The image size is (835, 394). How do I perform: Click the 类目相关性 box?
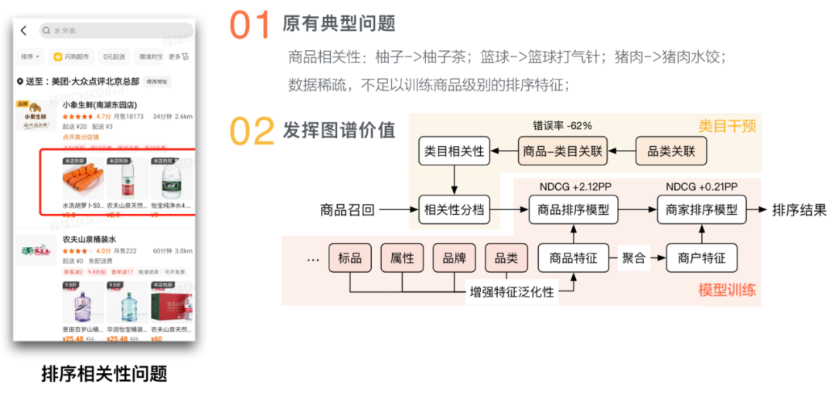click(455, 151)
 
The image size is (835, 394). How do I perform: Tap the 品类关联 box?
click(671, 151)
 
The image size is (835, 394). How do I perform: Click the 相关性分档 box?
click(455, 209)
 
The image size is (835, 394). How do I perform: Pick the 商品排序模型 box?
click(574, 209)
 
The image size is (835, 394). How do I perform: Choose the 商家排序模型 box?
click(702, 209)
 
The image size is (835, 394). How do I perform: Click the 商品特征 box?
click(574, 258)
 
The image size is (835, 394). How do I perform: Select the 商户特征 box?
click(702, 258)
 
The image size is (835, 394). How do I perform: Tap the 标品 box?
click(350, 258)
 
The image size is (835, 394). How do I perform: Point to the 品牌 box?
click(454, 258)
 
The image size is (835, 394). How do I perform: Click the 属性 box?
click(402, 258)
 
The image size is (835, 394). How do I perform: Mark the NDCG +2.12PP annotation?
click(574, 187)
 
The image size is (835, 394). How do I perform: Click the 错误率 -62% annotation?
click(562, 124)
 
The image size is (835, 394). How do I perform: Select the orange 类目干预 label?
click(726, 125)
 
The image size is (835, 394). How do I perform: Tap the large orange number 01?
click(250, 25)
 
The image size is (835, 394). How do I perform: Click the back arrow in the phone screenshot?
click(24, 31)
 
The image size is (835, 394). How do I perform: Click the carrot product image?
click(82, 179)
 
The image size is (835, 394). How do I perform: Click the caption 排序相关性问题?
click(104, 374)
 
